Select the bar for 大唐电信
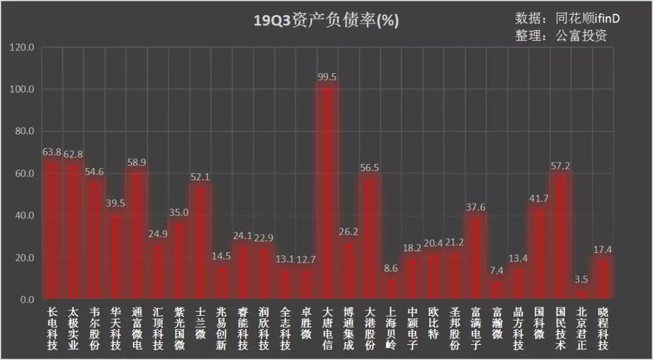pos(327,194)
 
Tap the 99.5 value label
pos(327,77)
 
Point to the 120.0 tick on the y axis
pos(22,47)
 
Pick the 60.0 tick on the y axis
pos(22,174)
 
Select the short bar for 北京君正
pos(581,296)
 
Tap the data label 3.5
pos(581,280)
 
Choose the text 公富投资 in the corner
pos(580,36)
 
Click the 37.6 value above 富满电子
pos(475,208)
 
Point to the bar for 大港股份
pos(369,240)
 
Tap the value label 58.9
pos(137,162)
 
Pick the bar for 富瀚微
pos(497,292)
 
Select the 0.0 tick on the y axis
pos(25,300)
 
